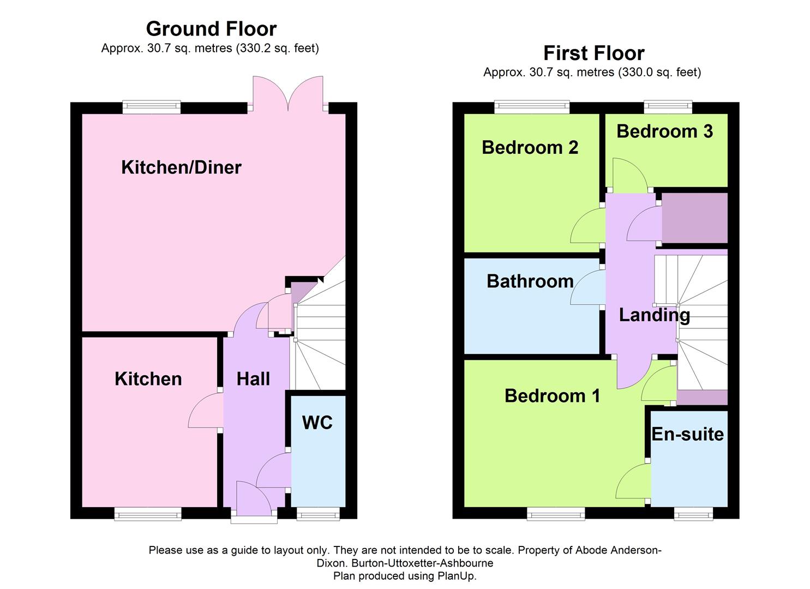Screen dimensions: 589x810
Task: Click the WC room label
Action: [317, 423]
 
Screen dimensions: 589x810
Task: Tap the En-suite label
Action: [687, 434]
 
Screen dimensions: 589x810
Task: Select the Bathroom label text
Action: [530, 281]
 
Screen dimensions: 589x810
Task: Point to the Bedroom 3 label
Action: [664, 131]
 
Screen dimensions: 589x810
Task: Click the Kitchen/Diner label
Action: [181, 167]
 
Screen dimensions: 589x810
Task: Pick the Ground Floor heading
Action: [211, 28]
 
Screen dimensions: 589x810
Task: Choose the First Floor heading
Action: [593, 53]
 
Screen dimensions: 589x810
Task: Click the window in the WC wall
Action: [317, 514]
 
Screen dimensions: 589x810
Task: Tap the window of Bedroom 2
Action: [531, 107]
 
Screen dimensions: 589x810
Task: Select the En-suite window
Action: [693, 514]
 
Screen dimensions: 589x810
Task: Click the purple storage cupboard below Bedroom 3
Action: [694, 218]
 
